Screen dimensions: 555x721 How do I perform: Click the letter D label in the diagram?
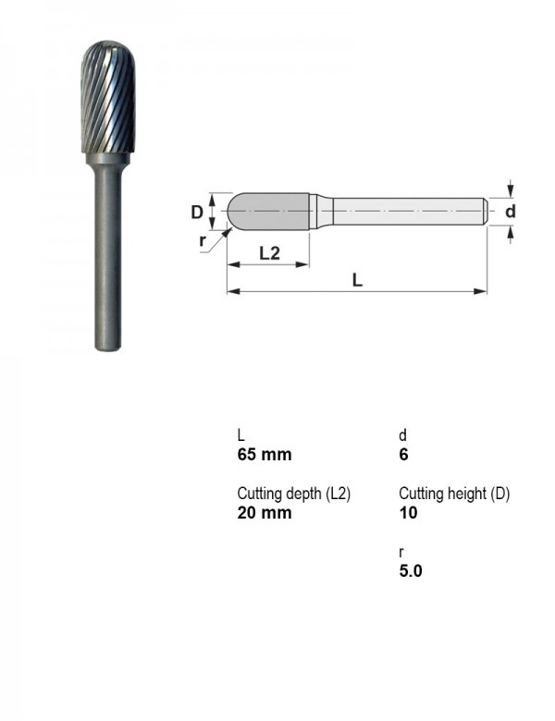(196, 212)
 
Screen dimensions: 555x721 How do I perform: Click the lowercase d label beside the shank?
(511, 212)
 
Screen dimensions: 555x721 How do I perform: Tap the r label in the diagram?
(202, 241)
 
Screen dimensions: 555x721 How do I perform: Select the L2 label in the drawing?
(270, 253)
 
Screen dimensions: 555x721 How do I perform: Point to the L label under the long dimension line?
(357, 279)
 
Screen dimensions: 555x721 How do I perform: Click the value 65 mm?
(265, 455)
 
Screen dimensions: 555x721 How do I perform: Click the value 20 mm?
(265, 513)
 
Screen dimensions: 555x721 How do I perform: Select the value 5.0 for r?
(411, 570)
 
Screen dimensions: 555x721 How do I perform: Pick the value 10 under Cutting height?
(408, 513)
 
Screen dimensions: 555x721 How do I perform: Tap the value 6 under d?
(403, 455)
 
